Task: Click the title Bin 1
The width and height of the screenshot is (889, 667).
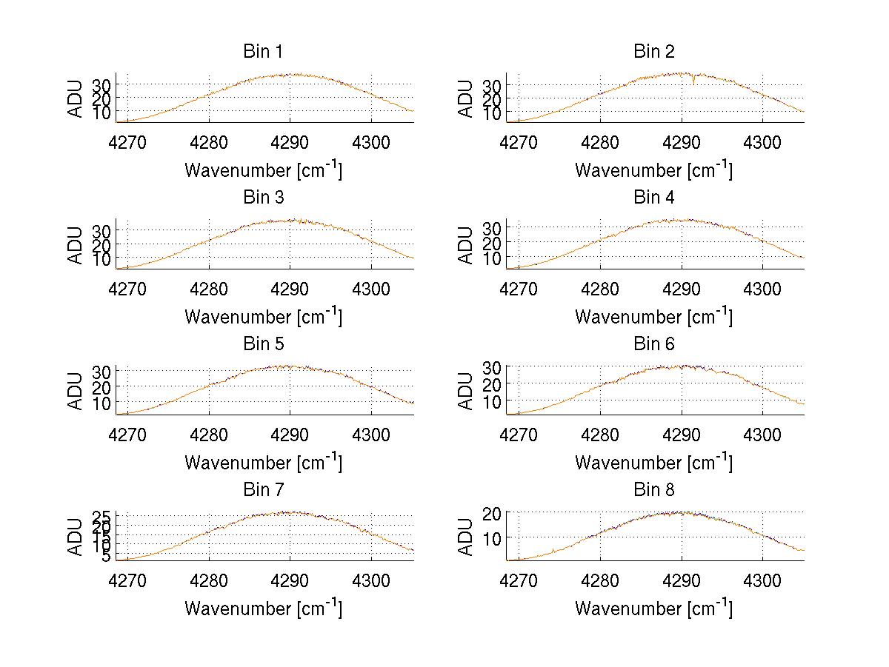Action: (263, 52)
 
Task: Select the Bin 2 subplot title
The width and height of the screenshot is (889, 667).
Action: (653, 52)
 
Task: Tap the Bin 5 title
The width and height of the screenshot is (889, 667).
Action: (263, 344)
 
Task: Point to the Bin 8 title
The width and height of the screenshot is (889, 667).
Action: (653, 490)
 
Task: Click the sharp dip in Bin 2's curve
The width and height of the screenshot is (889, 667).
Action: (693, 82)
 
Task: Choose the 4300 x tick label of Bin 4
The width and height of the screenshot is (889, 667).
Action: (762, 289)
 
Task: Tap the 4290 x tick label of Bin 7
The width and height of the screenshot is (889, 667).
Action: (290, 581)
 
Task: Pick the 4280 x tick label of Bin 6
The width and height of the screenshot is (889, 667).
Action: (599, 435)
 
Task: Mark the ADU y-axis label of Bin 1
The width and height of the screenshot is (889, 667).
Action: (76, 98)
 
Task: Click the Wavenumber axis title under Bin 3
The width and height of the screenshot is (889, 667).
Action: (263, 316)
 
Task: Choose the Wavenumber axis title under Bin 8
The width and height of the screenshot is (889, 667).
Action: (653, 609)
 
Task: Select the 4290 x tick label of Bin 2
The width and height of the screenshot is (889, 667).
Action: (681, 142)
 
